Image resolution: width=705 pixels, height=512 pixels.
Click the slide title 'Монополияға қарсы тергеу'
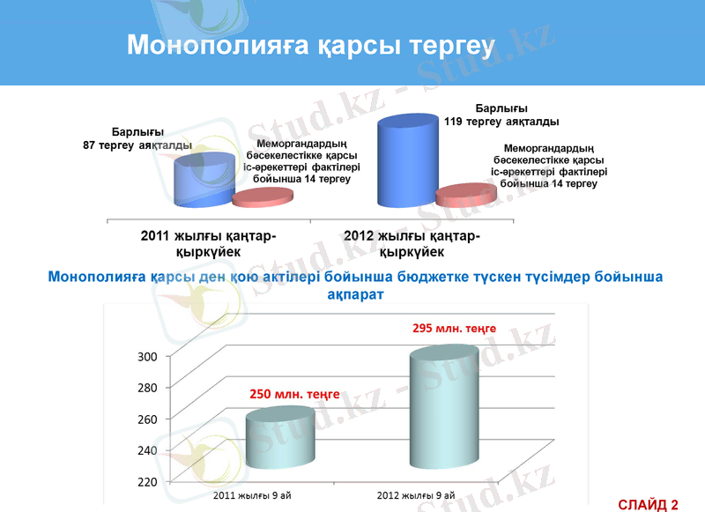(x=311, y=45)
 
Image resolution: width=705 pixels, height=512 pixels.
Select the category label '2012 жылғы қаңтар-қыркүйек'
(x=412, y=243)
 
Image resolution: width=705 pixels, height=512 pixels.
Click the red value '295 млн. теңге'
(x=454, y=328)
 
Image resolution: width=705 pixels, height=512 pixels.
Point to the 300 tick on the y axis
(x=146, y=356)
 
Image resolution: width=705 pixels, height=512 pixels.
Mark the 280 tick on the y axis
(x=146, y=388)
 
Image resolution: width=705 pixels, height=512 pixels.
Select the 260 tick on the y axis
(x=146, y=419)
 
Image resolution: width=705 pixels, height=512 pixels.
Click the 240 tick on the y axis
(x=146, y=450)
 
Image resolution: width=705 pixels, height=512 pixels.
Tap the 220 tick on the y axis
(x=146, y=481)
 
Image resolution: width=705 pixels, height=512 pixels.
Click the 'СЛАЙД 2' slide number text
(x=648, y=504)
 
